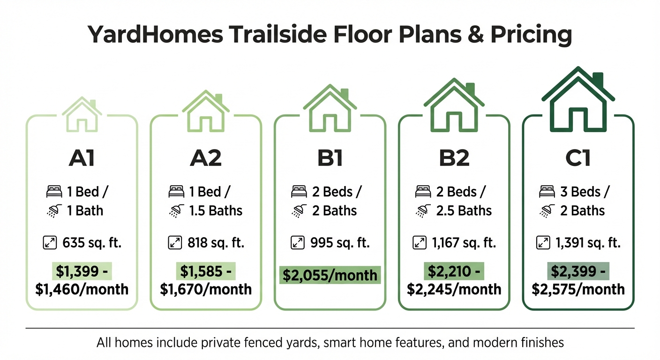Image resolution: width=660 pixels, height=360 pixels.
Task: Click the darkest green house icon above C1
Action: [x=578, y=101]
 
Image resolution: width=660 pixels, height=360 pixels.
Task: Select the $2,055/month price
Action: [x=330, y=275]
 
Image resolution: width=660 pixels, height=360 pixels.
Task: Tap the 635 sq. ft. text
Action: [x=91, y=243]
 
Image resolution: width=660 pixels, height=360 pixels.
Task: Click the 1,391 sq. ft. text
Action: [x=588, y=243]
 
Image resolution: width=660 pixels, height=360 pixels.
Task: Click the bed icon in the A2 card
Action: [x=176, y=192]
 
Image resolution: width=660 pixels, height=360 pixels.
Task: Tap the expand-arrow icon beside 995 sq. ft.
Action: [x=298, y=243]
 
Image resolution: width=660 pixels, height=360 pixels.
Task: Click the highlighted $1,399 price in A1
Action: [x=82, y=271]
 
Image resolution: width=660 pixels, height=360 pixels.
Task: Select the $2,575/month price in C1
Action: [x=578, y=289]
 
